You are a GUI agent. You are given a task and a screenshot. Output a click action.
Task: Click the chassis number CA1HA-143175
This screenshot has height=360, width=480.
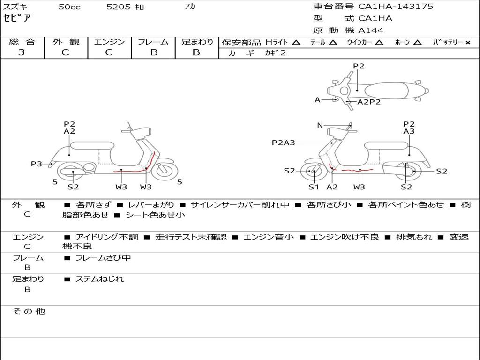pyautogui.click(x=396, y=7)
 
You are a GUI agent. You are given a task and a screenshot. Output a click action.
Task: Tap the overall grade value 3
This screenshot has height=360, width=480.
pyautogui.click(x=22, y=52)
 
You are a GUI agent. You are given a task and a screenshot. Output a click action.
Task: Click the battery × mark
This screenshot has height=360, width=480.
pyautogui.click(x=468, y=43)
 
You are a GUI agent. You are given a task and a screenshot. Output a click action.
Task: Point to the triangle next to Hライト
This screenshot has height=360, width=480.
pyautogui.click(x=296, y=42)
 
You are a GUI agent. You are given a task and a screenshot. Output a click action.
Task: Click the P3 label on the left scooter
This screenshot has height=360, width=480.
pyautogui.click(x=36, y=164)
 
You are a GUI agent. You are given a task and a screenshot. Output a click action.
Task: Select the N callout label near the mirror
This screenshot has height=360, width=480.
pyautogui.click(x=320, y=125)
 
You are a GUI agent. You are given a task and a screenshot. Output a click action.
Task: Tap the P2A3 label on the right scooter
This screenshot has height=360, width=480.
pyautogui.click(x=284, y=142)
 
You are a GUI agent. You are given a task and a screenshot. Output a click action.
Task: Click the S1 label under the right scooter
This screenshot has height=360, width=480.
pyautogui.click(x=314, y=187)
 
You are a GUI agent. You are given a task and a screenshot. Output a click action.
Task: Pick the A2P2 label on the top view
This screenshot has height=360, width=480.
pyautogui.click(x=369, y=102)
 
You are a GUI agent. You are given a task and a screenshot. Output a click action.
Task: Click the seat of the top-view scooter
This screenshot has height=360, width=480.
pyautogui.click(x=386, y=90)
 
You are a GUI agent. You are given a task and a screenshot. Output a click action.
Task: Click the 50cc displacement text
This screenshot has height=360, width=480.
pyautogui.click(x=69, y=7)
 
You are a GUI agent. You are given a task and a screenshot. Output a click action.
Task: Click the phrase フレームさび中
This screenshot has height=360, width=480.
pyautogui.click(x=103, y=258)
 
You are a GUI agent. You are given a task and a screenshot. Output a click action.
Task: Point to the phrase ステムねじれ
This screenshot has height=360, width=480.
pyautogui.click(x=99, y=279)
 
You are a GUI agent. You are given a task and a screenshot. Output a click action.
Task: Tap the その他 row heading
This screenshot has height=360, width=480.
pyautogui.click(x=29, y=311)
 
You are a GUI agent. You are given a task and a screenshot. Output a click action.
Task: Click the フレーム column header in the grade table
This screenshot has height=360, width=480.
pyautogui.click(x=153, y=42)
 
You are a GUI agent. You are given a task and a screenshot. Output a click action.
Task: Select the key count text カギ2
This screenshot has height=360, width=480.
pyautogui.click(x=275, y=53)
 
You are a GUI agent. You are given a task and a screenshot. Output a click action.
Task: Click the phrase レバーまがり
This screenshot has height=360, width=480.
pyautogui.click(x=151, y=205)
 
